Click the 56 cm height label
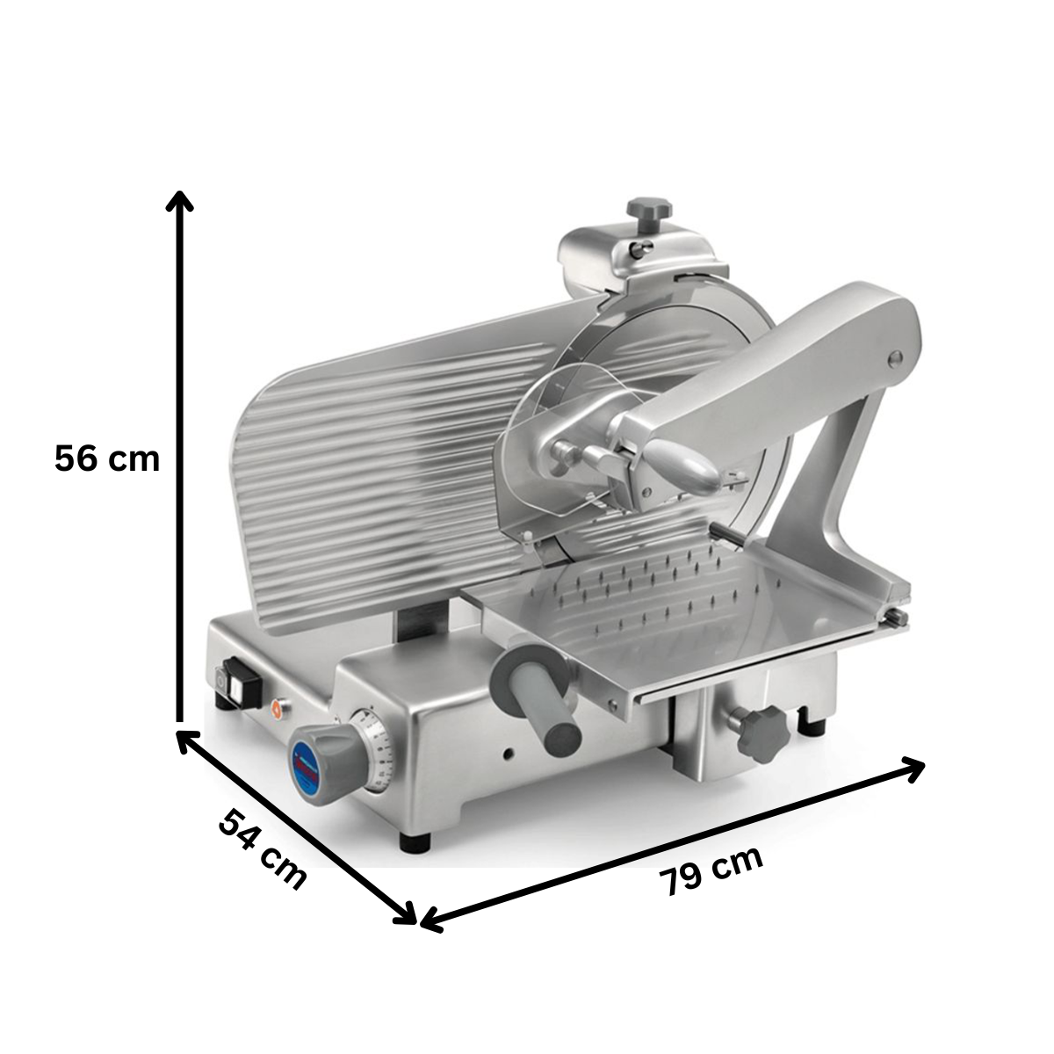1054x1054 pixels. tap(107, 458)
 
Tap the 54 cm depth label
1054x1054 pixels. tap(263, 848)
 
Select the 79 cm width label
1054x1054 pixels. tap(711, 870)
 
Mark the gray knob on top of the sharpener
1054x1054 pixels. tap(648, 212)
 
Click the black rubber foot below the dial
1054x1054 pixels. tap(415, 841)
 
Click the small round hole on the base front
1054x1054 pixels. tap(509, 754)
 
